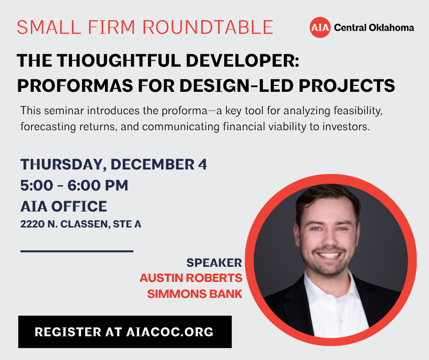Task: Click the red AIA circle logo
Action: coord(320,27)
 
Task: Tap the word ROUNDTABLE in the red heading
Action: coord(208,27)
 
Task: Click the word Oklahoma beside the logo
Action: coord(391,27)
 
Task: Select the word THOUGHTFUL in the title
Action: coord(119,61)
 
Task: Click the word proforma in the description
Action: coord(184,111)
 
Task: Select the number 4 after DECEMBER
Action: coord(203,164)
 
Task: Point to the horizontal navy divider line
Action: coord(77,251)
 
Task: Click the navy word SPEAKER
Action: coord(214,263)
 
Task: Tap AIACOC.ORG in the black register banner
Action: coord(170,332)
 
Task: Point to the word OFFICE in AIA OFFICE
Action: coord(79,206)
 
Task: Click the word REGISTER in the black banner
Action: coord(68,332)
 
